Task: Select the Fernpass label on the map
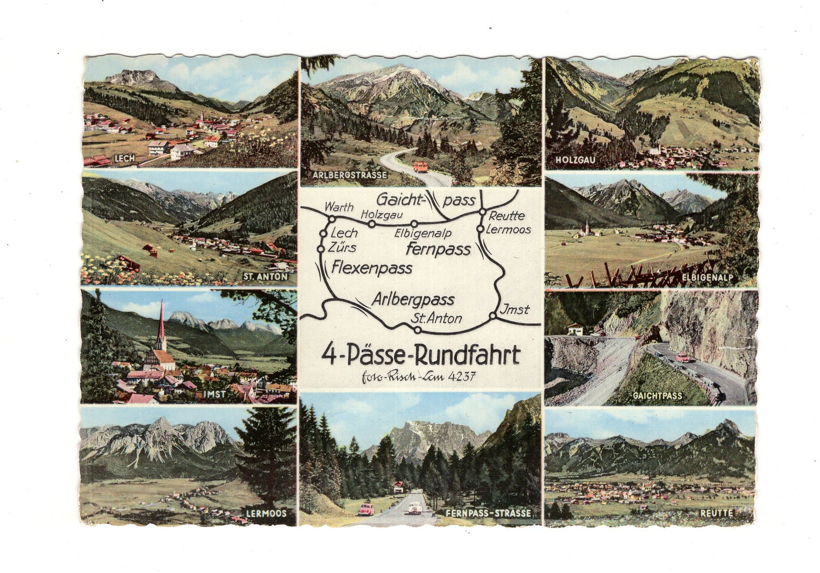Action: (439, 249)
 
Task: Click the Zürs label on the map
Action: (343, 248)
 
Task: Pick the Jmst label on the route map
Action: (515, 309)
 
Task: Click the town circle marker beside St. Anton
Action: (418, 328)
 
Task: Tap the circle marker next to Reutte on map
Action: (481, 213)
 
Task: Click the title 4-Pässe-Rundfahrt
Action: (420, 355)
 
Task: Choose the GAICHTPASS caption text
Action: (659, 395)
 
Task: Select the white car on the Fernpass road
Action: (413, 507)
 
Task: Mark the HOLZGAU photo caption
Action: (577, 160)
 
